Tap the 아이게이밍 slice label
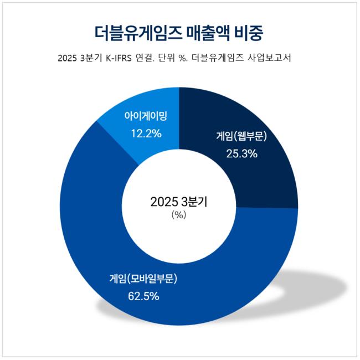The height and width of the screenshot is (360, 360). coord(146,117)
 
